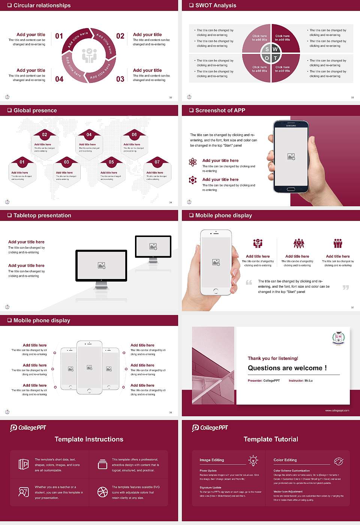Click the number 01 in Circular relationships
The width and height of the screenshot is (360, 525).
tap(59, 36)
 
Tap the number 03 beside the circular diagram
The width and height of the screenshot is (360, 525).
tap(120, 79)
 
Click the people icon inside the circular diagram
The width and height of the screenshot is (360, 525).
tap(89, 55)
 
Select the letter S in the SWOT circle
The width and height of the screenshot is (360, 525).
tap(267, 49)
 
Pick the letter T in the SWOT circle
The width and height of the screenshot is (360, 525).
tap(275, 58)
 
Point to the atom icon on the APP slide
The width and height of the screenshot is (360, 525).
tap(193, 162)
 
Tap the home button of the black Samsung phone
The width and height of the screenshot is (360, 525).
tap(291, 189)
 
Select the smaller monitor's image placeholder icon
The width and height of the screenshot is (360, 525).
tap(153, 246)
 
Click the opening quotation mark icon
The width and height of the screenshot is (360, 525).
tap(249, 282)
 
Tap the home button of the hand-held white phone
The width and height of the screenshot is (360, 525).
tap(216, 291)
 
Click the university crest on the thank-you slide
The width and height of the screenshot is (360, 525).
tap(338, 338)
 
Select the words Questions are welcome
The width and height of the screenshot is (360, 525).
tap(287, 368)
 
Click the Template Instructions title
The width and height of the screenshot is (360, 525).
tap(89, 439)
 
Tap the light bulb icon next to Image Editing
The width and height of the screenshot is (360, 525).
tap(253, 460)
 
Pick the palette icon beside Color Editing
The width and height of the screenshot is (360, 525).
tap(338, 460)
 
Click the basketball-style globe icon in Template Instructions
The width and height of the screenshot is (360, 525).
tap(102, 492)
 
